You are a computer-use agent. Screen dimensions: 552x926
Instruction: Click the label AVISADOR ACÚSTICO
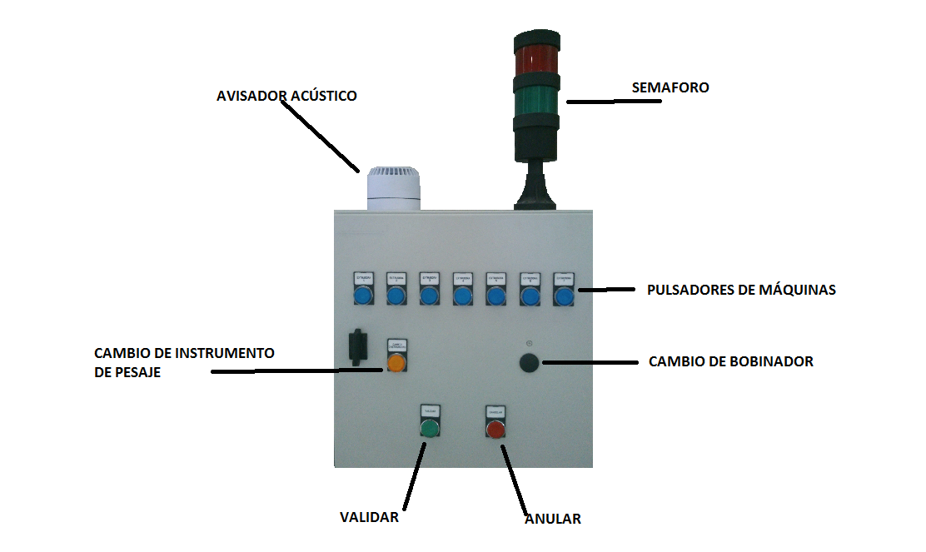(286, 96)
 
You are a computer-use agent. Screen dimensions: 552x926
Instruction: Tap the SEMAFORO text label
(670, 87)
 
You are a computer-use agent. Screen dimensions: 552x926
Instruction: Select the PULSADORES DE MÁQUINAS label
(741, 290)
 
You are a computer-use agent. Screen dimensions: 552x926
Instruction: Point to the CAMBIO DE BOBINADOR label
(730, 361)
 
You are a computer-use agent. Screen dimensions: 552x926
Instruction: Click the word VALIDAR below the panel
(369, 517)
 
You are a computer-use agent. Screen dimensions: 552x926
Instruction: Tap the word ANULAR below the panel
(552, 519)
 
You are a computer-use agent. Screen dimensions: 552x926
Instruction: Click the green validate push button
(429, 430)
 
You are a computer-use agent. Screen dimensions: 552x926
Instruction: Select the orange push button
(396, 364)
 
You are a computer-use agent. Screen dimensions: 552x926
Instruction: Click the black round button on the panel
(529, 362)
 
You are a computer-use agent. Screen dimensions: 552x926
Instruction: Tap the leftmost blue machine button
(361, 296)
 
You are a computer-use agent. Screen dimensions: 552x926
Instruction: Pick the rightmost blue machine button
(564, 296)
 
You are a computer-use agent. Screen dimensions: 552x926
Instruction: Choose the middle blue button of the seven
(463, 296)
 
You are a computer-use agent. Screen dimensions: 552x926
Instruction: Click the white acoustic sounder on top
(395, 188)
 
